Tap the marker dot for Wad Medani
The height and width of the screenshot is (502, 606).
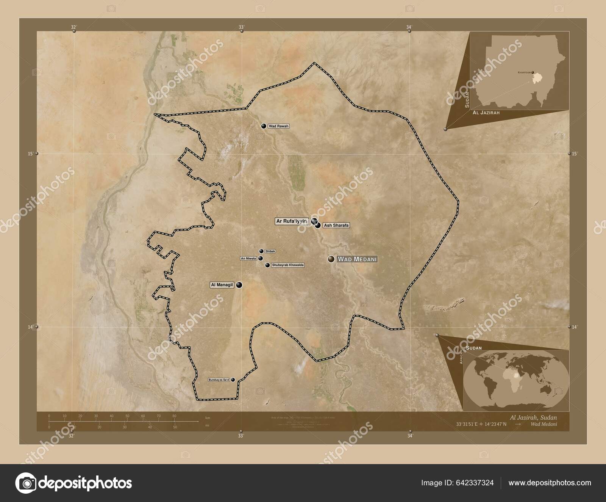pyautogui.click(x=331, y=259)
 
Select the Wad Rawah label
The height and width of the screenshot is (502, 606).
pyautogui.click(x=278, y=126)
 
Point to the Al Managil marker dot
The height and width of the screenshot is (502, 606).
pyautogui.click(x=239, y=285)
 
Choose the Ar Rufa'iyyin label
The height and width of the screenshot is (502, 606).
pyautogui.click(x=291, y=221)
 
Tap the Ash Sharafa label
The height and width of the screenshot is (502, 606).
pyautogui.click(x=336, y=225)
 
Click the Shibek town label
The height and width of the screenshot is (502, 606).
pyautogui.click(x=270, y=251)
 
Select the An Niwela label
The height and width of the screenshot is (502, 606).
pyautogui.click(x=248, y=259)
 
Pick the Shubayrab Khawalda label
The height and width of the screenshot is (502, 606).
pyautogui.click(x=288, y=265)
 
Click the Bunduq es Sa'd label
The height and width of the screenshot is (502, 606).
pyautogui.click(x=219, y=380)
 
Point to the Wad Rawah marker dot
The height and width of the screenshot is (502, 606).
pyautogui.click(x=264, y=126)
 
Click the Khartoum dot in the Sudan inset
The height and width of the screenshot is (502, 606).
pyautogui.click(x=533, y=72)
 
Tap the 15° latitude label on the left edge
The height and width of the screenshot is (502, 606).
pyautogui.click(x=30, y=154)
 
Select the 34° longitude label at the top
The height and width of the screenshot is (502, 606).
pyautogui.click(x=409, y=27)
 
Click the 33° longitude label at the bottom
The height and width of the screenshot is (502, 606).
pyautogui.click(x=241, y=436)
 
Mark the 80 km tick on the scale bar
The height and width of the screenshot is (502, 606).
pyautogui.click(x=174, y=420)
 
